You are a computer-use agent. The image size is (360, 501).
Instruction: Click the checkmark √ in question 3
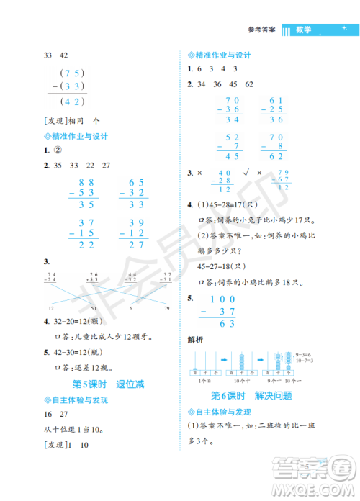click(248, 173)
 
